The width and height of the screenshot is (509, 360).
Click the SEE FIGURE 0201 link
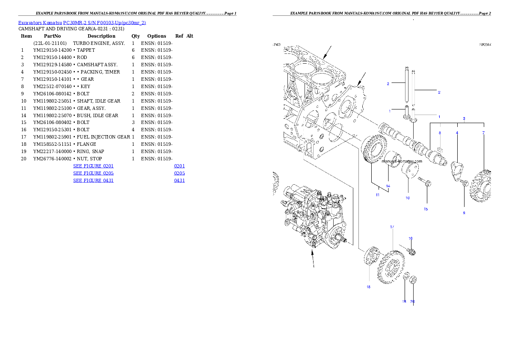tap(93, 165)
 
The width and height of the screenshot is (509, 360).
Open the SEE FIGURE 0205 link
tap(93, 173)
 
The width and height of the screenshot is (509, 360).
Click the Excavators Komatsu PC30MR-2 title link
tap(82, 23)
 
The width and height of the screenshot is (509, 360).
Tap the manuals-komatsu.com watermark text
tap(402, 161)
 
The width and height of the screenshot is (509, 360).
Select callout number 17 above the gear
tap(392, 227)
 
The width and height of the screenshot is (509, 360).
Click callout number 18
tap(368, 287)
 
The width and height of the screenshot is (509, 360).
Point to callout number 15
tap(426, 209)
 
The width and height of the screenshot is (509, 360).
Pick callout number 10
tap(407, 198)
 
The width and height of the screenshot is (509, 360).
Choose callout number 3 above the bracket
tap(464, 118)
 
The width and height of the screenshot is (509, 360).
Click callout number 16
tap(410, 238)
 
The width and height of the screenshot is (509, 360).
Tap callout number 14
tap(388, 186)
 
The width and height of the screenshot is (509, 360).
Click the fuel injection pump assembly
tap(314, 218)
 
